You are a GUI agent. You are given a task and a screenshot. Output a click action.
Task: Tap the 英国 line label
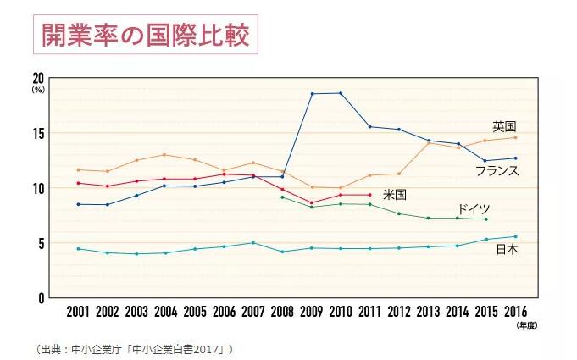pos(505,126)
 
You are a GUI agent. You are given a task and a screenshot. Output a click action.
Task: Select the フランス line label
pos(497,170)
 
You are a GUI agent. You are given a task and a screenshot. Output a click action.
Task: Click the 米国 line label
pos(394,195)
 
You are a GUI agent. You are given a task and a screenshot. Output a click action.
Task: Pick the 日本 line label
pos(507,250)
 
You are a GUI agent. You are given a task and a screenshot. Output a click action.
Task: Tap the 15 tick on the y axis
pos(38,133)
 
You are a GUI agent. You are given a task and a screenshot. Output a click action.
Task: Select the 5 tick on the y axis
pos(40,243)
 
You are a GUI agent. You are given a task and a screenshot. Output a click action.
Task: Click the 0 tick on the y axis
pos(40,298)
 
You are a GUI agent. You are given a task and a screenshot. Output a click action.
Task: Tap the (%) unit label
pos(37,88)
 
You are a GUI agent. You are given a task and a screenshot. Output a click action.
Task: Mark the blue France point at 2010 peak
pos(341,93)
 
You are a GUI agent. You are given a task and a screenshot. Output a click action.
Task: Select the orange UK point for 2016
pos(514,137)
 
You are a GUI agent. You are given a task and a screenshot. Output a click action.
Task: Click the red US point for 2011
pos(369,195)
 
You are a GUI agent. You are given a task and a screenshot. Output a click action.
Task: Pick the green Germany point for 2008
pos(282,197)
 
